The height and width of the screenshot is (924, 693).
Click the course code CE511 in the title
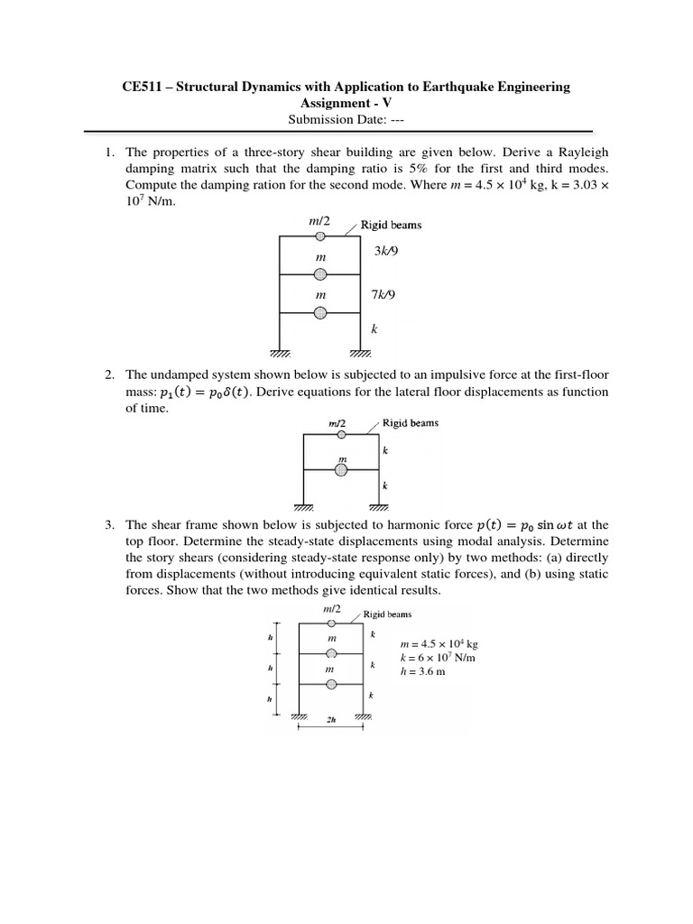click(x=143, y=87)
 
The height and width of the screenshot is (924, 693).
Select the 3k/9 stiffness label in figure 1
click(x=385, y=252)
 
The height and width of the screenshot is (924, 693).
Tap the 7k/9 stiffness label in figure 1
click(x=385, y=294)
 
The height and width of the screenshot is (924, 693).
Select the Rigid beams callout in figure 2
click(x=411, y=422)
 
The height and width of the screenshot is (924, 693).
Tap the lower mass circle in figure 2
click(x=342, y=468)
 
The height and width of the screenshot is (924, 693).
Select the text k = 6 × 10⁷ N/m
click(x=437, y=658)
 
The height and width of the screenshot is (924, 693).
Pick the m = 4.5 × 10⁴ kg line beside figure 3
click(x=439, y=644)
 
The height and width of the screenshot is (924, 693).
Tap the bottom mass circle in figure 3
click(x=331, y=685)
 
